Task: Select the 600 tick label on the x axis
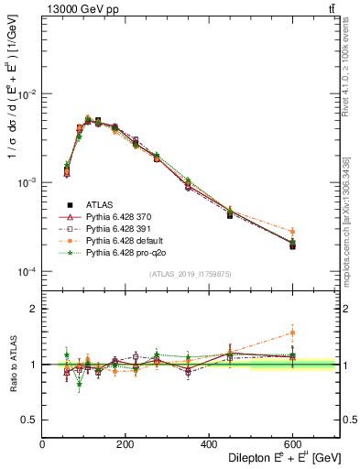[x=292, y=442]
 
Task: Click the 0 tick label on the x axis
[x=42, y=442]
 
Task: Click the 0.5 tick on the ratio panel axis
[x=28, y=419]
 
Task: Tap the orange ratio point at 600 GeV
[x=293, y=333]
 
